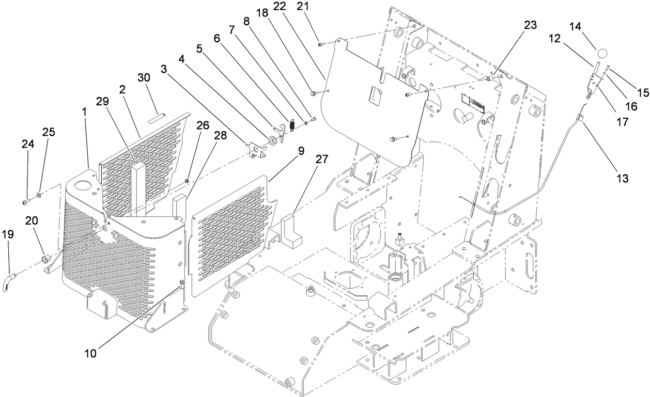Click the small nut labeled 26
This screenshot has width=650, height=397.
(x=187, y=181)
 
